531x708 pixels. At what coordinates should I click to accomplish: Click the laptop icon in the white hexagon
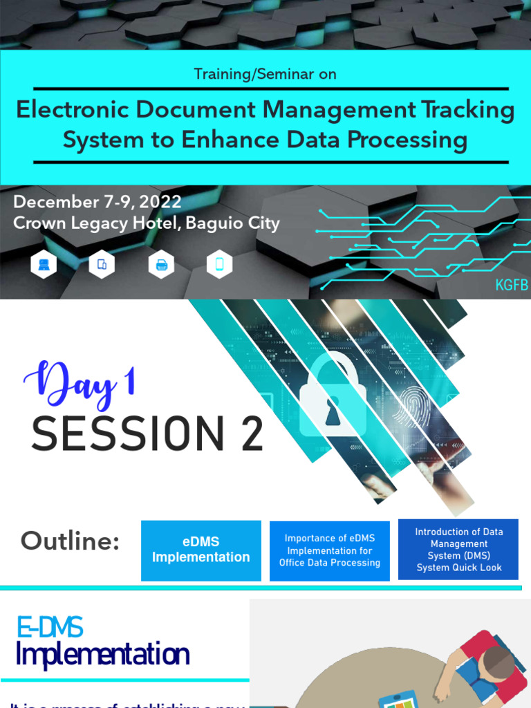(x=44, y=264)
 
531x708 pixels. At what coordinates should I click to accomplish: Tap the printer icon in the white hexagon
(x=161, y=264)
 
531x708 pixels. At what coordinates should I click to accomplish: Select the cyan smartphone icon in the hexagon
(x=219, y=264)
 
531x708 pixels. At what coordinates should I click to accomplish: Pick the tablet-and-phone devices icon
(x=102, y=264)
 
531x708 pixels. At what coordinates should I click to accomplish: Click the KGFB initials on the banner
(x=511, y=286)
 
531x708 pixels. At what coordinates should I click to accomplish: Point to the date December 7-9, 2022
(x=97, y=202)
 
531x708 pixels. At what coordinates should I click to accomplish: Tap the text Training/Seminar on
(x=265, y=74)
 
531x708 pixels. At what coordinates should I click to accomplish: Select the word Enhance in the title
(x=229, y=140)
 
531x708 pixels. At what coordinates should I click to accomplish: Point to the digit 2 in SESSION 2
(x=250, y=434)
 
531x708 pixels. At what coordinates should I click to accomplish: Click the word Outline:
(x=70, y=541)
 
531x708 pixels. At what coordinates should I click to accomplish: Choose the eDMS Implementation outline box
(x=201, y=550)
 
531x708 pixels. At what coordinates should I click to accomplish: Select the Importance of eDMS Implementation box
(x=330, y=550)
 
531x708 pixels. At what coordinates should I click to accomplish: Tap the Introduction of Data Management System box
(x=458, y=550)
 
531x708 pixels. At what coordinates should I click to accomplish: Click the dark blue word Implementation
(x=102, y=654)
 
